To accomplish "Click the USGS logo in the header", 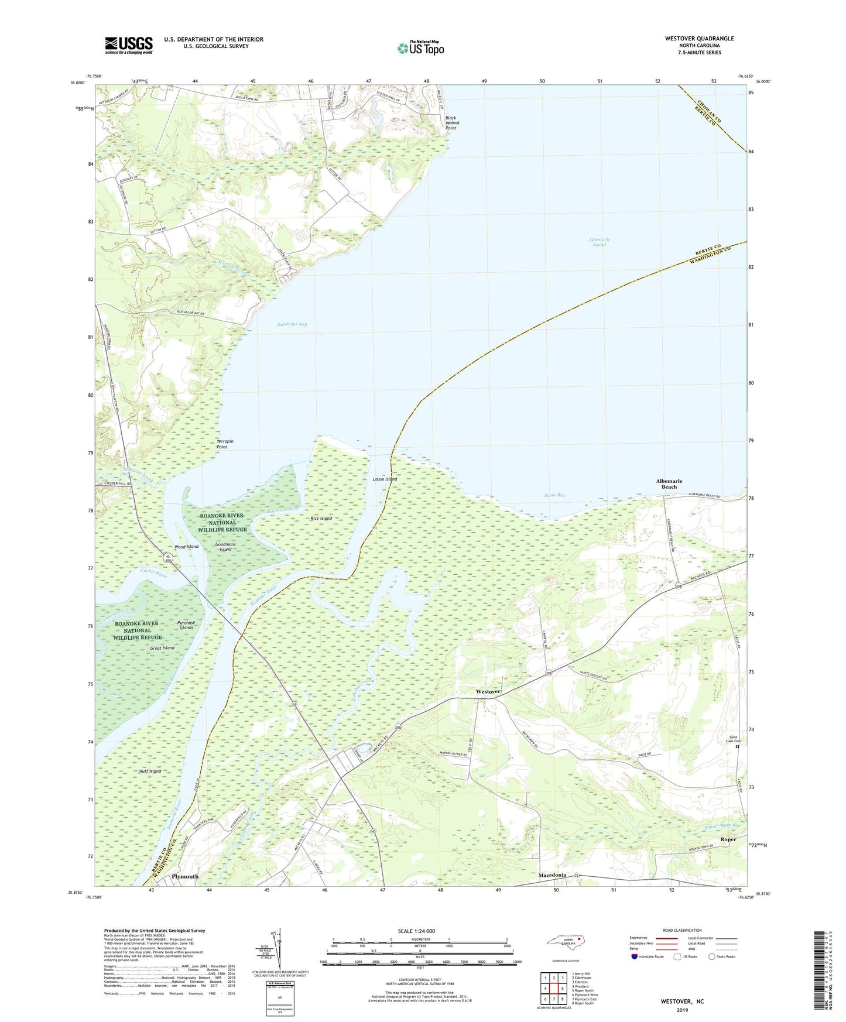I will pyautogui.click(x=129, y=45).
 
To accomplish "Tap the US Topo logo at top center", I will pyautogui.click(x=420, y=47).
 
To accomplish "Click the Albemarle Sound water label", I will pyautogui.click(x=599, y=242).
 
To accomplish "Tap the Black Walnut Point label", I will pyautogui.click(x=451, y=123).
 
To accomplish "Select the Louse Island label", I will pyautogui.click(x=385, y=479).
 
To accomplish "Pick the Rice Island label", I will pyautogui.click(x=321, y=518).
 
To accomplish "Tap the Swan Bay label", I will pyautogui.click(x=554, y=495).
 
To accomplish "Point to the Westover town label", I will pyautogui.click(x=488, y=691).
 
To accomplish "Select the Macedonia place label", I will pyautogui.click(x=552, y=874).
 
